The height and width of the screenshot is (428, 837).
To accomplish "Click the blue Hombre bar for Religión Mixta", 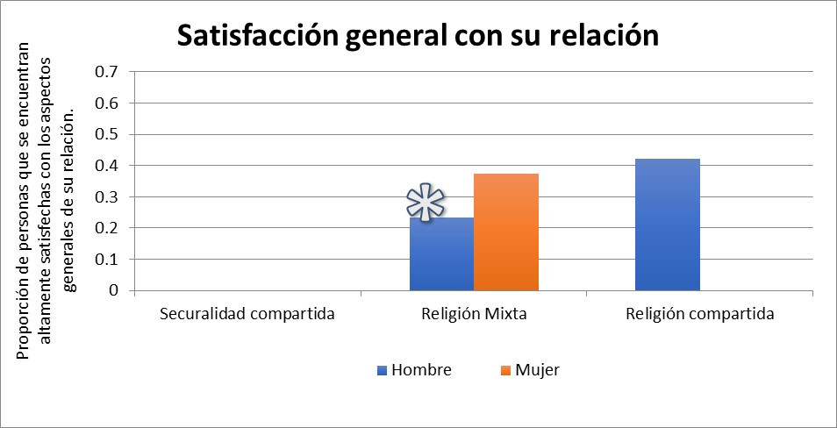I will (441, 254).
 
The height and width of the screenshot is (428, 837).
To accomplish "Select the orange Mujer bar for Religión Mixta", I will (506, 232).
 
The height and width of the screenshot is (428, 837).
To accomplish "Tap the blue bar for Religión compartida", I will (667, 225).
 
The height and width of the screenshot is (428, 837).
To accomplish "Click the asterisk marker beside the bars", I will (426, 203).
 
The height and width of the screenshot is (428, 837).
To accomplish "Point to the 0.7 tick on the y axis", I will (105, 72).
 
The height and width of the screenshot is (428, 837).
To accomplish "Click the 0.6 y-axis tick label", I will (105, 103).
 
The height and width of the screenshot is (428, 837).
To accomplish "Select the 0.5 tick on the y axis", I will (105, 134).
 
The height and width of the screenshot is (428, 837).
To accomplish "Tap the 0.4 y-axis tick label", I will (105, 166).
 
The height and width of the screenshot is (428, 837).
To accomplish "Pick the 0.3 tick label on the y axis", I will (105, 196).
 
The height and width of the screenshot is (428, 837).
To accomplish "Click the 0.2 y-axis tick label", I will (105, 228).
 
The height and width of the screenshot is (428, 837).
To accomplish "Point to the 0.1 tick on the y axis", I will (105, 260).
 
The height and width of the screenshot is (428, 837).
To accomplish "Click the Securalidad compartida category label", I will (247, 314).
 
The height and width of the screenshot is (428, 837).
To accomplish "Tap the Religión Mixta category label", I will (474, 314).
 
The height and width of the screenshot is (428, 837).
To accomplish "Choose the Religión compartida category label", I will (700, 314).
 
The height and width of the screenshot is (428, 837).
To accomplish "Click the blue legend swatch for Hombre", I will (382, 370).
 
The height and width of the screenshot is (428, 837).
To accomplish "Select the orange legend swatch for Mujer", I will (507, 370).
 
